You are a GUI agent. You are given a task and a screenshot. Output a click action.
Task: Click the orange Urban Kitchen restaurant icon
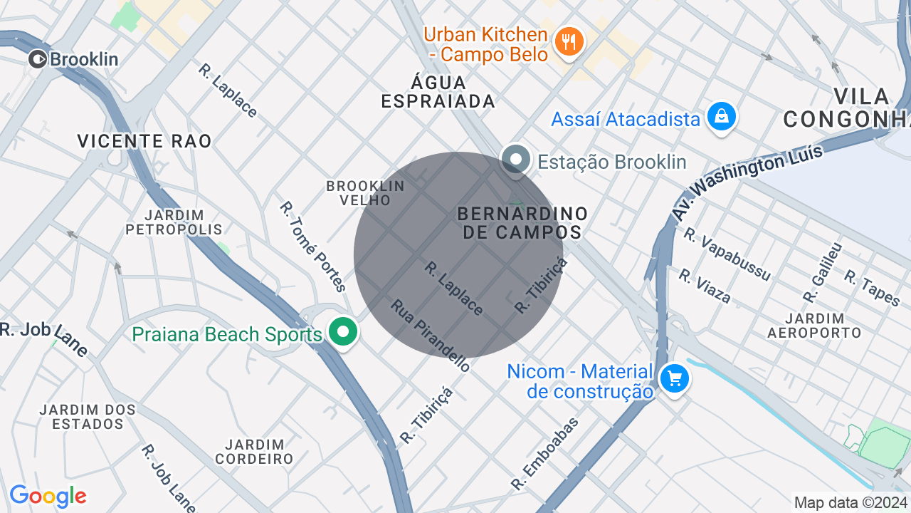[568, 42]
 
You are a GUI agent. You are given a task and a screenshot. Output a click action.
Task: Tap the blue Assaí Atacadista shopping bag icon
[721, 116]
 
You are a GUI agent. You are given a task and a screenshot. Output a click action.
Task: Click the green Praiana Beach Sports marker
[343, 332]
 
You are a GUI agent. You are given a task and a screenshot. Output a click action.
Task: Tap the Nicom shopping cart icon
[674, 378]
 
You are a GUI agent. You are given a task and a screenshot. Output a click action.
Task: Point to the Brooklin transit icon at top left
[38, 59]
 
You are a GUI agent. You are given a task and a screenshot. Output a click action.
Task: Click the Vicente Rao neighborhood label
[144, 141]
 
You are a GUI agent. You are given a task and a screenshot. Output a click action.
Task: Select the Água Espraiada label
[438, 92]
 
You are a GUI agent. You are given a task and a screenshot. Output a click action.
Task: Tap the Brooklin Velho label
[365, 193]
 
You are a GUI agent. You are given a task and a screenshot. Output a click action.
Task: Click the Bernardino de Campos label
[522, 222]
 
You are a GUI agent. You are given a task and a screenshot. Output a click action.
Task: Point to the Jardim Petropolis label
[174, 222]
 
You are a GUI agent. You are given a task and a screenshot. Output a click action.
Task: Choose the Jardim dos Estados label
[88, 417]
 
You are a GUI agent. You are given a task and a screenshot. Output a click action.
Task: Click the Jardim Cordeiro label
[254, 452]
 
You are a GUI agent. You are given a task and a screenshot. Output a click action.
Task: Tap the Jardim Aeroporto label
[814, 326]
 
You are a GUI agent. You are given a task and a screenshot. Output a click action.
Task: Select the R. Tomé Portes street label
[312, 247]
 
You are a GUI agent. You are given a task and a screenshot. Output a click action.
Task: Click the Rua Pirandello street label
[430, 335]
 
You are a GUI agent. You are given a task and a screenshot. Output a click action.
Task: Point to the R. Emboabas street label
[545, 454]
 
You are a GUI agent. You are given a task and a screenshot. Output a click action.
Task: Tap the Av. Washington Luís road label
[747, 182]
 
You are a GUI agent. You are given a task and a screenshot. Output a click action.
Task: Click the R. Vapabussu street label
[727, 254]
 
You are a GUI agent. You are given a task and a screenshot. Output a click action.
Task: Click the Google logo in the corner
[48, 496]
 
